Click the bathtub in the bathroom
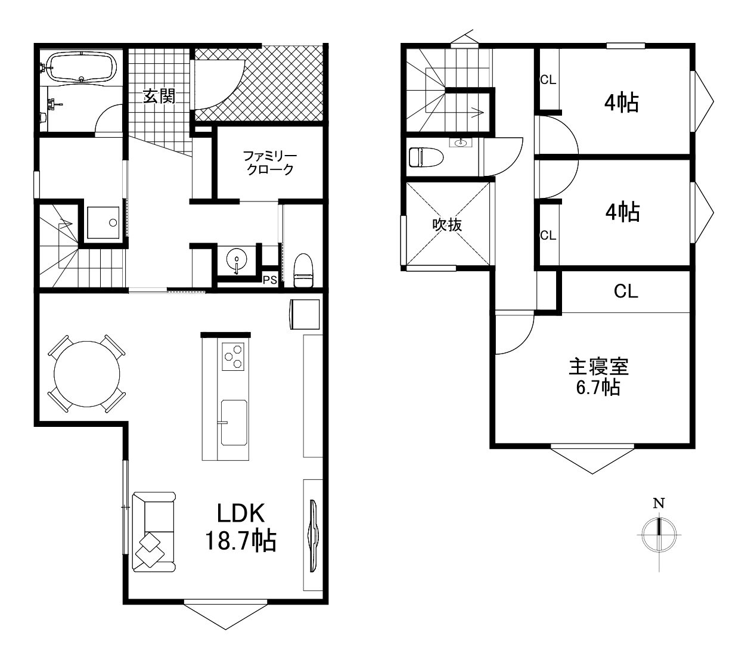coord(82,67)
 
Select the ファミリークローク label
coord(270,163)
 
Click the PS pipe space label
coord(269,280)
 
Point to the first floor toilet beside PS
coord(303,270)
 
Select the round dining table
coord(87,373)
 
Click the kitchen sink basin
coord(234,423)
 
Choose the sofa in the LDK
coord(154,532)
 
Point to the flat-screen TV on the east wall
coord(313,535)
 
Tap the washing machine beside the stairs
coord(103,223)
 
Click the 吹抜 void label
coord(447,225)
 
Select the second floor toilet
coord(426,157)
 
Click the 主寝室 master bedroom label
coord(598,367)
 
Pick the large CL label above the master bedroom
coord(626,292)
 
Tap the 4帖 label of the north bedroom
coord(622,103)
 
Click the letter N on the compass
coord(659,503)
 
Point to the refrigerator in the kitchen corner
coord(305,314)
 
